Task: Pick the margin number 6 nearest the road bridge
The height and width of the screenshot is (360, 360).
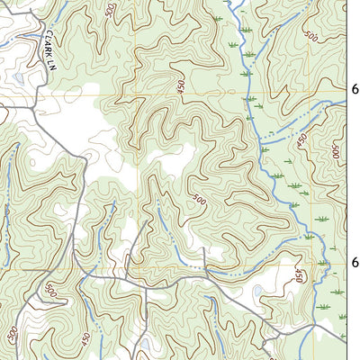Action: (354, 263)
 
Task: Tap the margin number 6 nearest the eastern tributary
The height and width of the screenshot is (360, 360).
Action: (354, 90)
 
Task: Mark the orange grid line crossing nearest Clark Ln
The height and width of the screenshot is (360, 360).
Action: (135, 94)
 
